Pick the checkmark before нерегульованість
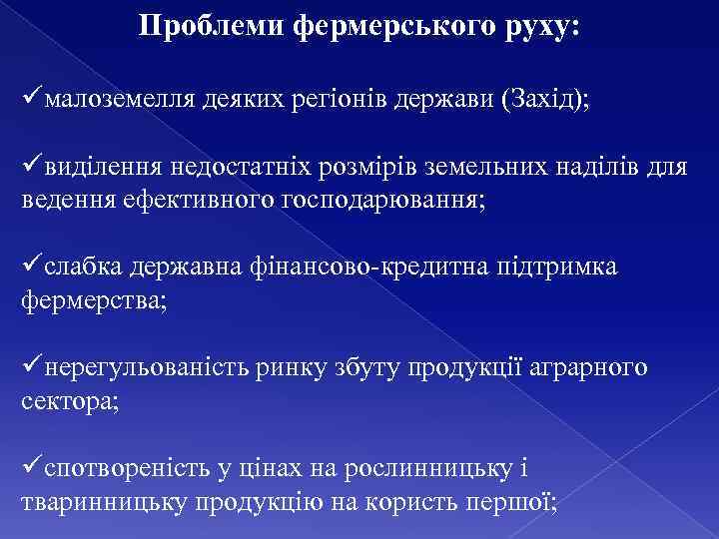(32, 367)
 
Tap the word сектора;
(69, 400)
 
